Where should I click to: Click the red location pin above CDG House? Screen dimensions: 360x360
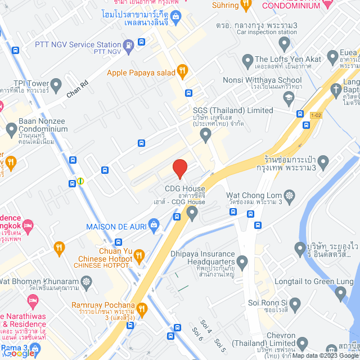click(179, 168)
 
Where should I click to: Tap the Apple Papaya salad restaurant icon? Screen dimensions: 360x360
click(182, 71)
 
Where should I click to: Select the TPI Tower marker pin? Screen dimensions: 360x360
click(55, 83)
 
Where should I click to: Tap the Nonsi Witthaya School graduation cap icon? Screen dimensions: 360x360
click(289, 97)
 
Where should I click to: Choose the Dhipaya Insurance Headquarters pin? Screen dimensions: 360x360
click(242, 262)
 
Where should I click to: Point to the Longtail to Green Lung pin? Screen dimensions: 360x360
click(340, 292)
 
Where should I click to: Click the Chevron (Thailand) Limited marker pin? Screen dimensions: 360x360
click(303, 343)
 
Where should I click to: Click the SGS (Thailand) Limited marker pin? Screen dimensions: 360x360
click(205, 134)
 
